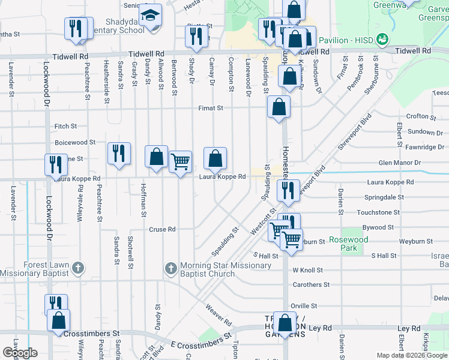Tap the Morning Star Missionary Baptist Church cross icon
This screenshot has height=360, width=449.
point(170,268)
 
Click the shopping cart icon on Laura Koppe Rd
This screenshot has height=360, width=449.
point(180,161)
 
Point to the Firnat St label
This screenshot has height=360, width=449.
point(211,109)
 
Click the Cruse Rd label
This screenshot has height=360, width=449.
point(162,229)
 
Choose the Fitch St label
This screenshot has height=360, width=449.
point(65,127)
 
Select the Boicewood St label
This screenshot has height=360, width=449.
point(75,143)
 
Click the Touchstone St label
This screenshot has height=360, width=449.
point(378,212)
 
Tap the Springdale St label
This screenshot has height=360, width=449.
point(384,197)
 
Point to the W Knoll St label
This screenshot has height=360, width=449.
point(308,271)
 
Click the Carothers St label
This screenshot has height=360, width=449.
point(311,285)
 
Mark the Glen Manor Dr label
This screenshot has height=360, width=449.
point(401,163)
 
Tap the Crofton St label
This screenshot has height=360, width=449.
point(421,116)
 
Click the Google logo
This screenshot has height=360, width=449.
point(20,352)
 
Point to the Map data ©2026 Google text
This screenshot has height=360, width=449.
point(411,355)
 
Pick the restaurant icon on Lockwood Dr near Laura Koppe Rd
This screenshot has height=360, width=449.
point(56,164)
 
